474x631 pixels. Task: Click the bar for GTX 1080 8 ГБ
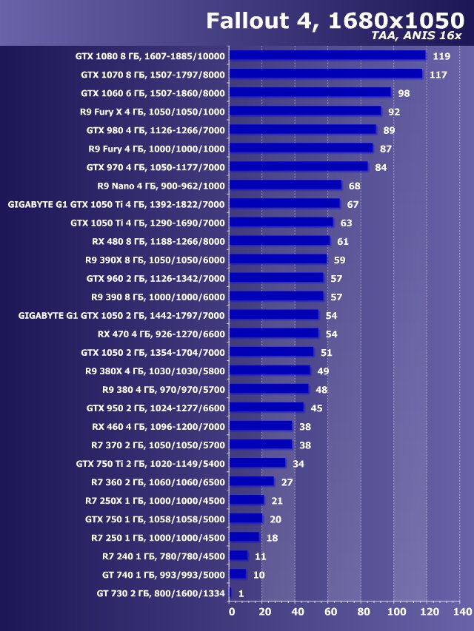tap(327, 55)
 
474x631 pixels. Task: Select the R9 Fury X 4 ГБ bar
tap(305, 111)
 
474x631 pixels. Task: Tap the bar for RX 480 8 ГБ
tap(280, 240)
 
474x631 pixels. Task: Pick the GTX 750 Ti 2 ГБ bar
tap(258, 463)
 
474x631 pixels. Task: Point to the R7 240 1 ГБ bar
tap(238, 556)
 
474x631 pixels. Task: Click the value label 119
tap(442, 56)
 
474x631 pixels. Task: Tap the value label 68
tap(354, 186)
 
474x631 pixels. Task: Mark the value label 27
tap(287, 482)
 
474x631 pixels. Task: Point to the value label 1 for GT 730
tap(241, 593)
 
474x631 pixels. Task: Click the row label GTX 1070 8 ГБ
tap(153, 75)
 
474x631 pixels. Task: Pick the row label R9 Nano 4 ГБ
tap(161, 186)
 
